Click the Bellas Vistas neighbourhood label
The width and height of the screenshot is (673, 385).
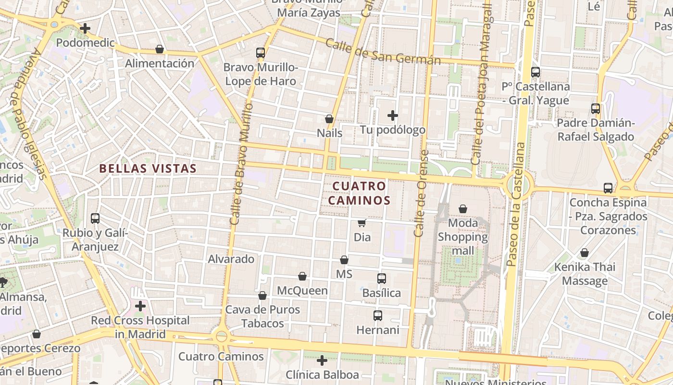point(148,168)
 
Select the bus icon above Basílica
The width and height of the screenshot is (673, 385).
point(382,278)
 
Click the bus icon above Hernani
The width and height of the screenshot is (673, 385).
point(378,316)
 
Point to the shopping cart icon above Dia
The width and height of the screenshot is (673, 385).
point(362,223)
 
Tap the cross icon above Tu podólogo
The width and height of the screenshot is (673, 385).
point(393,115)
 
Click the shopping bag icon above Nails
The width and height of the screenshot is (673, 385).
point(329,118)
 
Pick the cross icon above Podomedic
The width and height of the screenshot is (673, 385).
point(85,28)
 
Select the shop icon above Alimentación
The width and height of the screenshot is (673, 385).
point(160,49)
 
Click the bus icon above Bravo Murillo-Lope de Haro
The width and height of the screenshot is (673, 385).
point(261,52)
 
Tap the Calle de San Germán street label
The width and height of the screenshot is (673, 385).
point(383,51)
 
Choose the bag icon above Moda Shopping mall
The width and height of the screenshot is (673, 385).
point(463,209)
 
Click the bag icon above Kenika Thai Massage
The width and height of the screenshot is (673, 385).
point(585,253)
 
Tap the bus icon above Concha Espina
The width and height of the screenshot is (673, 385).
point(608,188)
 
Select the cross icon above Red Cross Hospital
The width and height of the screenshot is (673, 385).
point(140,306)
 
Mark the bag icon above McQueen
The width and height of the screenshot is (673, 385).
point(302,276)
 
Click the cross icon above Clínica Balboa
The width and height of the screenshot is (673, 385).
point(322,360)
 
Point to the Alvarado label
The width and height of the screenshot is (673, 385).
point(231,259)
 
